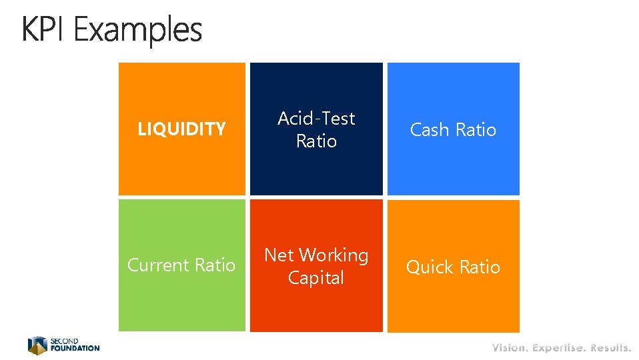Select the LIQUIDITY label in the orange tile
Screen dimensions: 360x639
click(181, 129)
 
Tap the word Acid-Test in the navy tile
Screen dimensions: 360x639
click(316, 118)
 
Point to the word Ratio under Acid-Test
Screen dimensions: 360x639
click(316, 141)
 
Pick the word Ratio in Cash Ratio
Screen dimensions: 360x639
click(475, 129)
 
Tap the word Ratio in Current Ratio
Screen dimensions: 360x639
click(214, 265)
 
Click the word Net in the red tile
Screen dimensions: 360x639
click(279, 255)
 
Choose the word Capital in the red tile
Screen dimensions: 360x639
click(316, 278)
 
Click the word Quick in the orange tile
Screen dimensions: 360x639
click(429, 267)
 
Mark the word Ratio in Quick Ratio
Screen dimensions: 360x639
click(479, 267)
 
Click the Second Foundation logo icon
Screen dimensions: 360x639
click(37, 345)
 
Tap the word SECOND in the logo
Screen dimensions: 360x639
click(64, 341)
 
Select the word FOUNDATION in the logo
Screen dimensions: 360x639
click(75, 348)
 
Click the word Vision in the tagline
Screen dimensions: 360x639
click(510, 347)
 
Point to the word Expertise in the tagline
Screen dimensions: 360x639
click(558, 347)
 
